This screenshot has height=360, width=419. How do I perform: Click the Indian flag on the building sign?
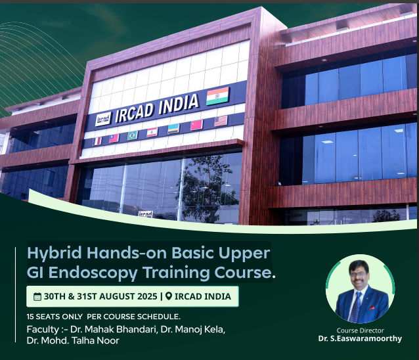217,96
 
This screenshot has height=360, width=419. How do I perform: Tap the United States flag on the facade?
221,121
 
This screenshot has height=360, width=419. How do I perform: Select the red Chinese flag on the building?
196,125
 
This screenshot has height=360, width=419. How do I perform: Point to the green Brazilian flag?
133,135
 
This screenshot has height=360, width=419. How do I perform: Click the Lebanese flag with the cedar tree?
152,132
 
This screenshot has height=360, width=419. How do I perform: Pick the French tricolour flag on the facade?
97,141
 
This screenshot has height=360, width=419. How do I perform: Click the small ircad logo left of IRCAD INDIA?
103,119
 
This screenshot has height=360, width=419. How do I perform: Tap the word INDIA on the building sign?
179,104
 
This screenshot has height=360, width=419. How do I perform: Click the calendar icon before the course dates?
37,297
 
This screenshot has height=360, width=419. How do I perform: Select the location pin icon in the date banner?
169,296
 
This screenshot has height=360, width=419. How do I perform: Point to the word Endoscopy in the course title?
93,273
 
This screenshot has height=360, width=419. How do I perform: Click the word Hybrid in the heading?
55,253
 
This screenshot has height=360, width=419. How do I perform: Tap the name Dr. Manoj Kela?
193,329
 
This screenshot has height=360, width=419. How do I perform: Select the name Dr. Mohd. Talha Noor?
73,340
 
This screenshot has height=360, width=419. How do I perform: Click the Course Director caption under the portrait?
360,330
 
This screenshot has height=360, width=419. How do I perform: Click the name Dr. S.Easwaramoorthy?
360,338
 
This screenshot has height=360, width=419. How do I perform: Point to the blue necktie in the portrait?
356,307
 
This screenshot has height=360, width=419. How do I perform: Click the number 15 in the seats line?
30,317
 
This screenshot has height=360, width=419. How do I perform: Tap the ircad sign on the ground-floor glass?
145,214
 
